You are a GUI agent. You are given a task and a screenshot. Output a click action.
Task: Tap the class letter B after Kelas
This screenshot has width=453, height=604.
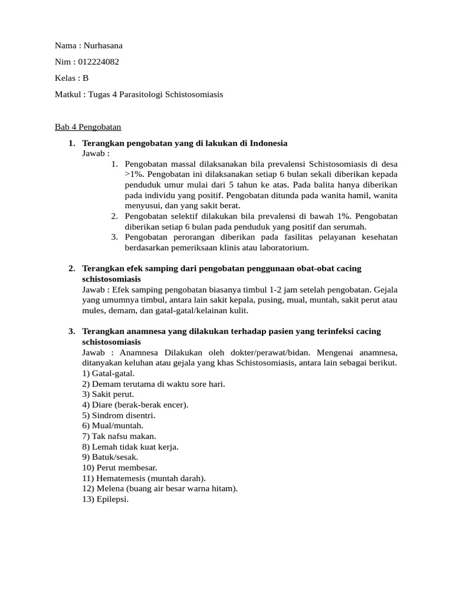pos(86,78)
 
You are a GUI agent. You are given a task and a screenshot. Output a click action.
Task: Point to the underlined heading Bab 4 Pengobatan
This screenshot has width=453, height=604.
pos(88,127)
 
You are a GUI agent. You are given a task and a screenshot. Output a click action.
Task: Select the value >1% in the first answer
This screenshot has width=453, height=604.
pos(135,175)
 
